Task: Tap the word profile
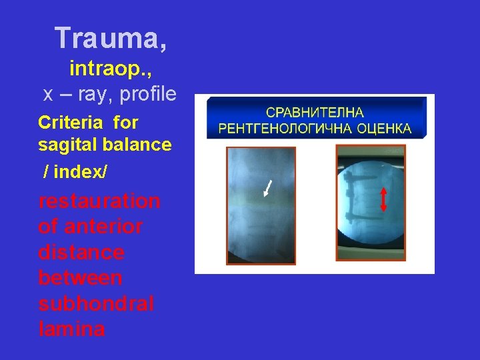(x=148, y=94)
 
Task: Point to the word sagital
(x=67, y=144)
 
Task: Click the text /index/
(x=75, y=172)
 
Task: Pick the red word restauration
(x=99, y=201)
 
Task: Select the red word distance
(x=81, y=253)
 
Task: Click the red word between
(x=81, y=278)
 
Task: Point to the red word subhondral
(x=96, y=304)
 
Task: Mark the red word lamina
(x=71, y=329)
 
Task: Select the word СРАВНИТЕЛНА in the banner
(x=315, y=113)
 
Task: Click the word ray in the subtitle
(x=96, y=94)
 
